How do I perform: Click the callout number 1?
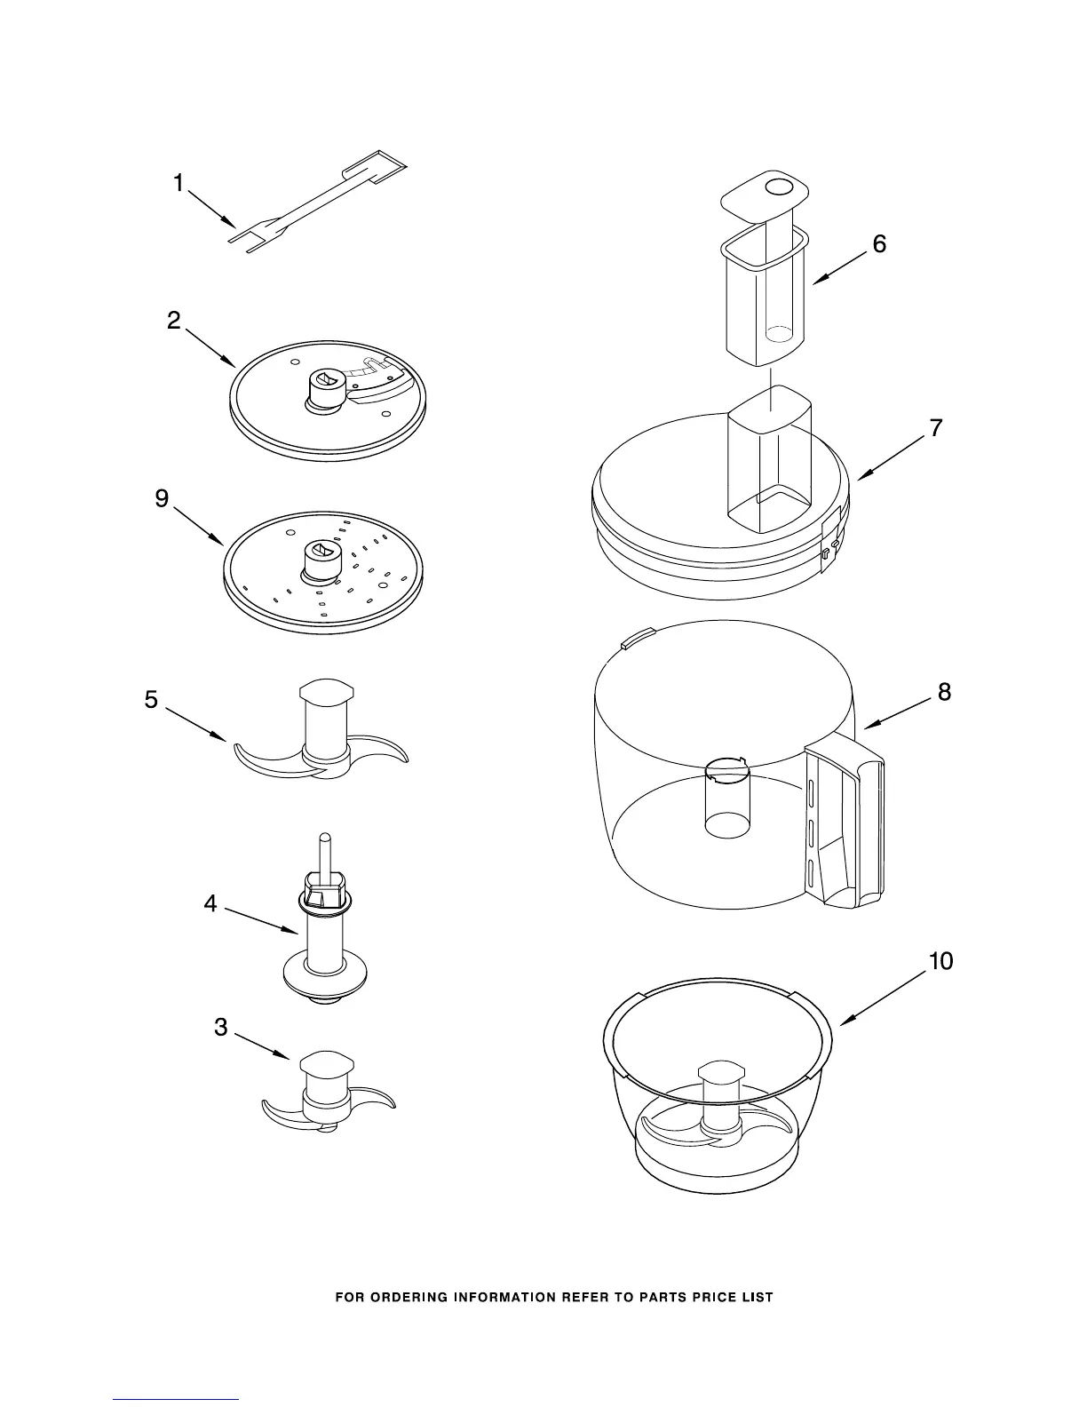(x=179, y=184)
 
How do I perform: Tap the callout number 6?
(x=879, y=243)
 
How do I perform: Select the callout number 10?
(x=940, y=960)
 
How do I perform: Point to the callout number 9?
(x=162, y=499)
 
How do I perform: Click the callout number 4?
(x=210, y=903)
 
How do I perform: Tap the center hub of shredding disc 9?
(x=320, y=561)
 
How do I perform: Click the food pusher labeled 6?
(x=766, y=293)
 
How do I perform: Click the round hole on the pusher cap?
(x=779, y=187)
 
